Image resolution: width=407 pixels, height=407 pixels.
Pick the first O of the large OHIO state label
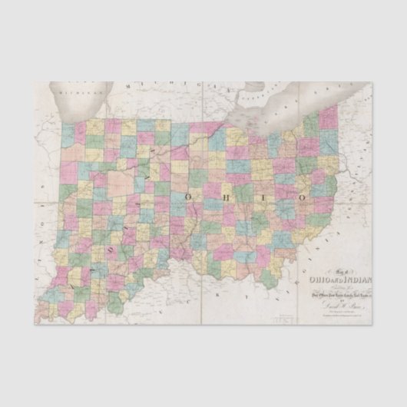click(x=190, y=197)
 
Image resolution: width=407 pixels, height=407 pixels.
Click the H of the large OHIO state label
click(x=228, y=197)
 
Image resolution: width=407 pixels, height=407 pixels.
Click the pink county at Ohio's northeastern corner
click(x=329, y=117)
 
